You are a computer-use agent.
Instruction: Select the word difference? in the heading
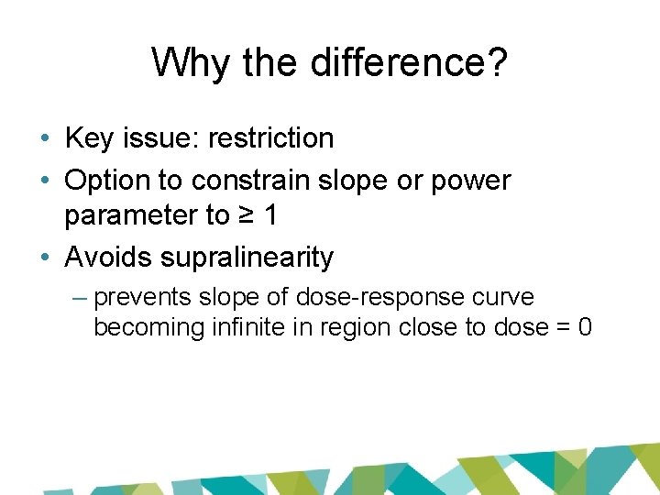point(411,63)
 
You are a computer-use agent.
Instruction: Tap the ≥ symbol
point(247,215)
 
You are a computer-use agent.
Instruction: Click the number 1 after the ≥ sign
point(271,215)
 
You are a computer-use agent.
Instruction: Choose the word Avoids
point(108,258)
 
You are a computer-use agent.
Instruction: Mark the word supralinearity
point(247,258)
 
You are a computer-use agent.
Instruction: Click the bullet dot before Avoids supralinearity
point(45,258)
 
